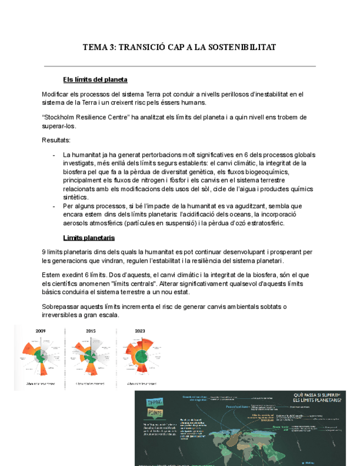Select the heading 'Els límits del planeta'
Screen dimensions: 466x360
click(x=95, y=80)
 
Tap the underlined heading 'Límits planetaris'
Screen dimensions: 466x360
click(x=88, y=237)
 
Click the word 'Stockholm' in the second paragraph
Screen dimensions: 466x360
click(x=63, y=118)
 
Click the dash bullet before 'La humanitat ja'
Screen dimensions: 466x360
click(x=54, y=155)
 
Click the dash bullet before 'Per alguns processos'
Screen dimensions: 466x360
click(x=54, y=206)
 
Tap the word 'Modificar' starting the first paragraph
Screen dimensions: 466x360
click(x=57, y=94)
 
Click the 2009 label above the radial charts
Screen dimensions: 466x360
click(x=41, y=331)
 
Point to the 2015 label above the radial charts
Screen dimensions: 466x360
click(x=91, y=331)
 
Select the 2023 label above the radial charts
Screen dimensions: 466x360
click(x=140, y=331)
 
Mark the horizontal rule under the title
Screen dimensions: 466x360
click(x=180, y=66)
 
